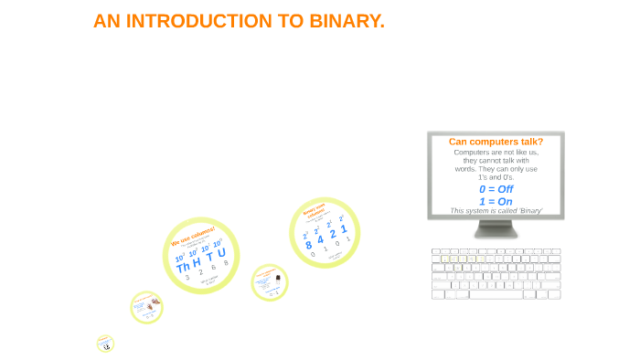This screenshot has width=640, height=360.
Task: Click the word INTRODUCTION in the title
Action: click(198, 21)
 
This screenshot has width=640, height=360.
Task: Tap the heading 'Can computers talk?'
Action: click(496, 142)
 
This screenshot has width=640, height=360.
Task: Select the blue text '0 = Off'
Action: click(496, 189)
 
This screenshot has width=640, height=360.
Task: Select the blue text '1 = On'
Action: click(496, 201)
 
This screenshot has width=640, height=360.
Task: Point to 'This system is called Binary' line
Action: click(496, 211)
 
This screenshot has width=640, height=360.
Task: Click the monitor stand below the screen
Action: click(496, 230)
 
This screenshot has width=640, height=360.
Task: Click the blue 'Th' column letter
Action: click(184, 267)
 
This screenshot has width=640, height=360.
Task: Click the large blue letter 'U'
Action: click(221, 252)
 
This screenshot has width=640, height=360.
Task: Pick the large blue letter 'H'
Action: click(197, 262)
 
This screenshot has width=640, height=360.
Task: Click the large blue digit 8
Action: click(309, 245)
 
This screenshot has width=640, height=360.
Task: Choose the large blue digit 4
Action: click(320, 239)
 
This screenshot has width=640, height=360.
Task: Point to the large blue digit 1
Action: click(343, 229)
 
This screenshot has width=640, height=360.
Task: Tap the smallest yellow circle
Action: click(105, 344)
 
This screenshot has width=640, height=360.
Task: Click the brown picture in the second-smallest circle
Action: click(155, 301)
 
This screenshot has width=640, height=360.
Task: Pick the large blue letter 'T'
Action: click(209, 257)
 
